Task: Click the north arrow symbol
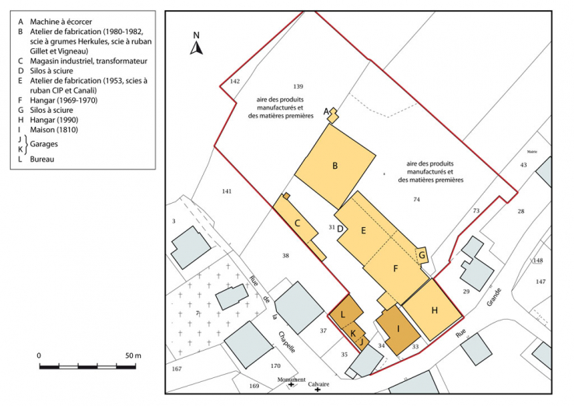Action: pyautogui.click(x=197, y=45)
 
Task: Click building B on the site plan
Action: pyautogui.click(x=334, y=166)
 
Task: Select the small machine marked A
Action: pyautogui.click(x=333, y=115)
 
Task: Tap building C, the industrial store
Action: pyautogui.click(x=298, y=224)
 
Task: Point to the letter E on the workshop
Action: pyautogui.click(x=363, y=230)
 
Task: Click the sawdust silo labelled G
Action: pyautogui.click(x=422, y=254)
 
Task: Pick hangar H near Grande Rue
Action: pyautogui.click(x=434, y=310)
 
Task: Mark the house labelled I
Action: pyautogui.click(x=398, y=329)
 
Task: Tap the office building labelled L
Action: pyautogui.click(x=343, y=313)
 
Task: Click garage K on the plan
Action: pyautogui.click(x=353, y=333)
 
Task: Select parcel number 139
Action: pyautogui.click(x=297, y=86)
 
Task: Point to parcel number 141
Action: pyautogui.click(x=226, y=191)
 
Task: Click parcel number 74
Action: pyautogui.click(x=416, y=200)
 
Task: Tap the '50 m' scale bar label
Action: pyautogui.click(x=132, y=355)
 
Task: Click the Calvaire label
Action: pyautogui.click(x=318, y=383)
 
